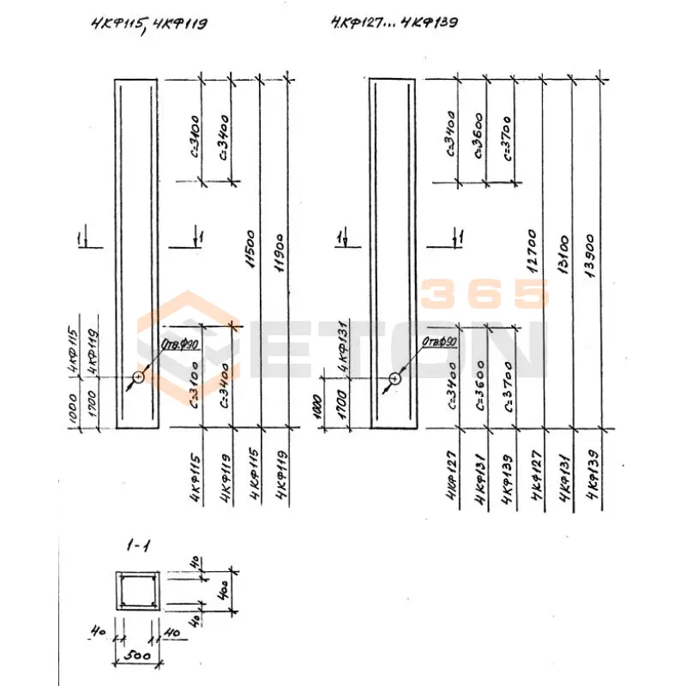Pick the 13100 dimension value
pyautogui.click(x=563, y=254)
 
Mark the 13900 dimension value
pyautogui.click(x=590, y=254)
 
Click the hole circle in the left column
pyautogui.click(x=138, y=377)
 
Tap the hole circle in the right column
pyautogui.click(x=394, y=378)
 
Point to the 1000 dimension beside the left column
pyautogui.click(x=72, y=410)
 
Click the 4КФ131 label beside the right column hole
pyautogui.click(x=341, y=352)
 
